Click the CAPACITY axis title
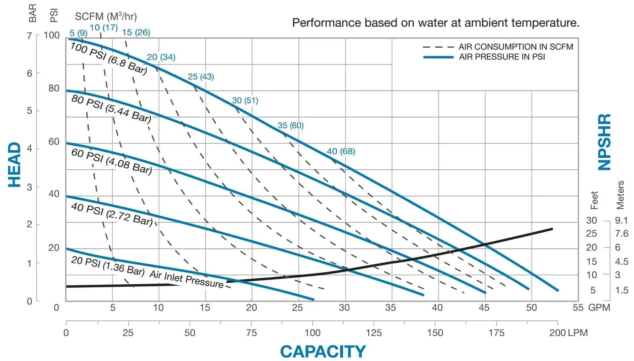point(323,352)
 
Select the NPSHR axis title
point(604,142)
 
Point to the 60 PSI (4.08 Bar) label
point(111,161)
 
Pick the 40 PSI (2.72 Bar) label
point(112,214)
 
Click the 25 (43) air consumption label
point(201,77)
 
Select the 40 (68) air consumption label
point(341,151)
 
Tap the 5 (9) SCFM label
point(78,33)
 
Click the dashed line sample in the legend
point(438,47)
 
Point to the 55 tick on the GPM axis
point(578,307)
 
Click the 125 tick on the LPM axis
point(374,333)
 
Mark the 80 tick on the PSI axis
point(54,88)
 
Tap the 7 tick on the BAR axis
point(30,35)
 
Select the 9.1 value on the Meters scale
point(621,220)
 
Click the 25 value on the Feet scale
point(591,234)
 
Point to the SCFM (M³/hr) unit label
point(106,16)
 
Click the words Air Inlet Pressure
point(186,279)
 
